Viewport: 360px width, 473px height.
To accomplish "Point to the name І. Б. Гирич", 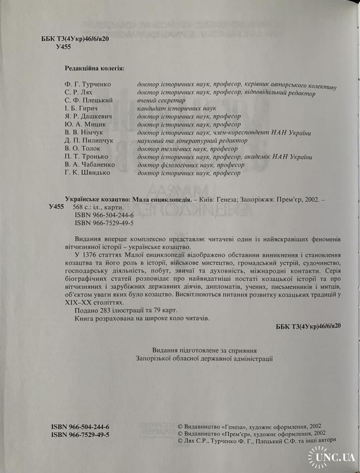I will click(x=79, y=109).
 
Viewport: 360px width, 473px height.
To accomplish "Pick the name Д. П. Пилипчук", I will click(x=86, y=140).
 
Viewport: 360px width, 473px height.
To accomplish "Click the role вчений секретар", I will click(x=161, y=101).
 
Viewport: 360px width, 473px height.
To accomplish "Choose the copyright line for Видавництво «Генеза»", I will click(x=252, y=427).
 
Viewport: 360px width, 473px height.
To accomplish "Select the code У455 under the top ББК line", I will click(x=64, y=48).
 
